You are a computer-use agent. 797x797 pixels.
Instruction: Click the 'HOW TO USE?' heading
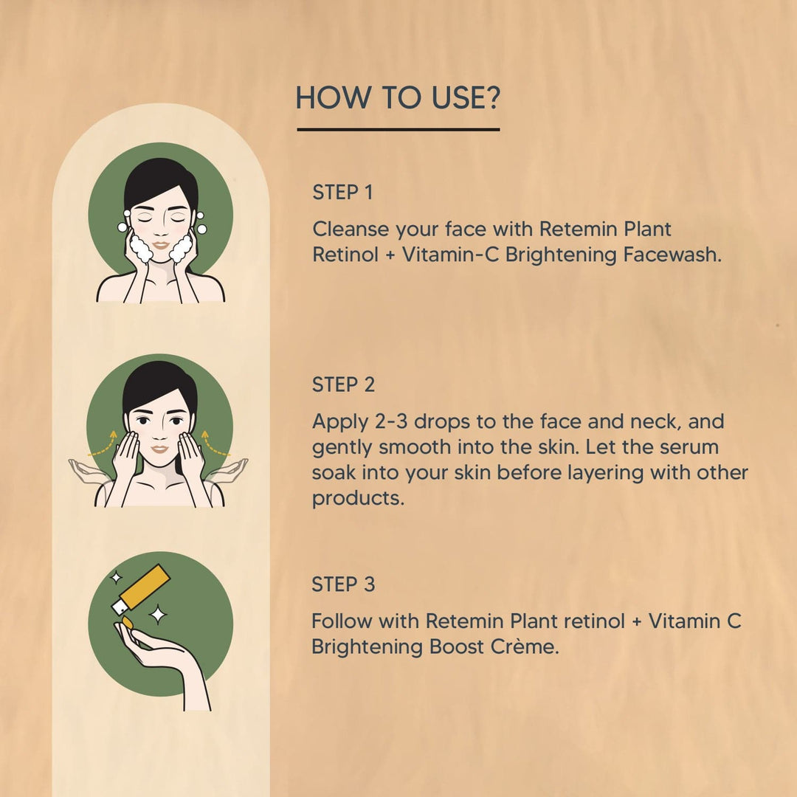(398, 97)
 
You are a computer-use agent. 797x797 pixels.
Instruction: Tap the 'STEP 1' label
(342, 193)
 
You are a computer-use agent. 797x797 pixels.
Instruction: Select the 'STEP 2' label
(343, 384)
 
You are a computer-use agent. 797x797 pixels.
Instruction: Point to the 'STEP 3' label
(343, 584)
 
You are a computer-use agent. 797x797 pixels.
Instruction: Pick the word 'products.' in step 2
(358, 499)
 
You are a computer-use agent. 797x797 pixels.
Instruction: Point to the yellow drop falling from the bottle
(127, 622)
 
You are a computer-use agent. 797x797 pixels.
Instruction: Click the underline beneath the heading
(398, 130)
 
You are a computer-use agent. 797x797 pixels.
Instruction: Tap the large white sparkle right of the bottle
(158, 615)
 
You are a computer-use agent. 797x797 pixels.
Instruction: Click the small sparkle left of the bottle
(117, 577)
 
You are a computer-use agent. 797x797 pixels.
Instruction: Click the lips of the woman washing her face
(161, 245)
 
